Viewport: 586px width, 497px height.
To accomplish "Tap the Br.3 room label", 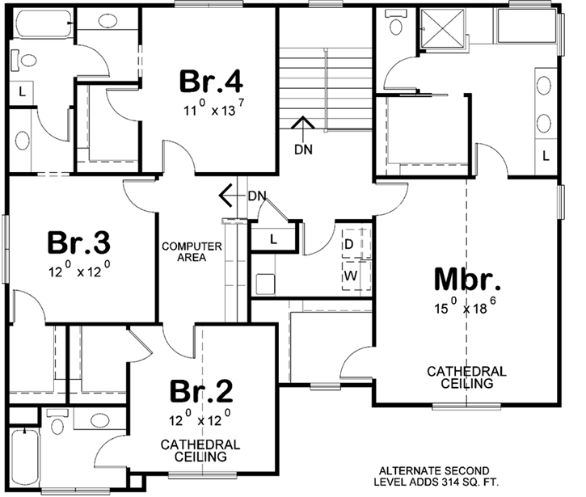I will [x=78, y=241].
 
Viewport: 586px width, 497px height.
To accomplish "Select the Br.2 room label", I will [x=201, y=391].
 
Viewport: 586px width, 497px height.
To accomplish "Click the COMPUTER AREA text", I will [x=191, y=251].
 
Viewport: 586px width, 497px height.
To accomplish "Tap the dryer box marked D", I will [x=351, y=243].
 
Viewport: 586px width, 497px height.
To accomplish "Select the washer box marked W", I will [x=351, y=275].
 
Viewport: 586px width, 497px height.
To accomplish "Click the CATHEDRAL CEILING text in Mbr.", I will [x=467, y=377].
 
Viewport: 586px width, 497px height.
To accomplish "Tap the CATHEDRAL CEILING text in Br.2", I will [x=200, y=450].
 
